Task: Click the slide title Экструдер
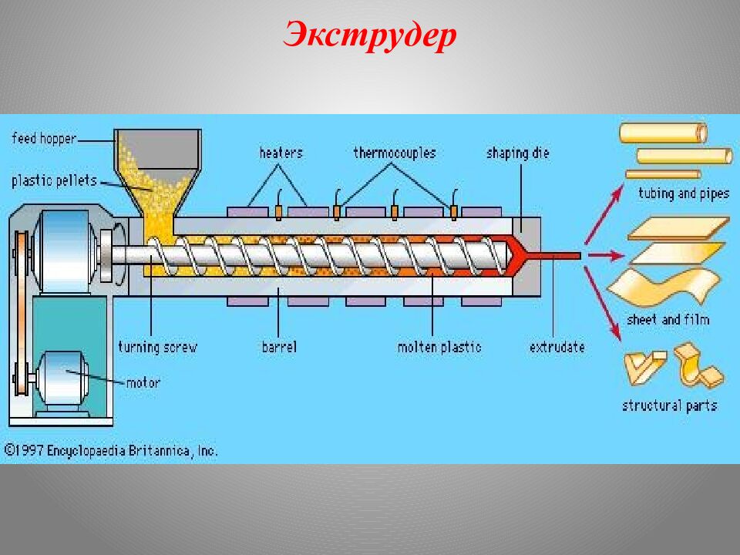370,35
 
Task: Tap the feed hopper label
45,139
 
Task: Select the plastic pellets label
54,181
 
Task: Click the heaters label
281,153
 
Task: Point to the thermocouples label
395,153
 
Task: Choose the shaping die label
517,153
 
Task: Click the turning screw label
157,347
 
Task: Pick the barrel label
278,347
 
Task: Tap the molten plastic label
439,347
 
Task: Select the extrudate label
557,347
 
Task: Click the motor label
143,382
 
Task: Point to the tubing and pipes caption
683,193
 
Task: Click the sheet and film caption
668,319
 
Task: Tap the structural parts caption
669,405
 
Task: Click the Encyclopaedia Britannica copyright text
112,450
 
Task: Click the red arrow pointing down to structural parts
606,304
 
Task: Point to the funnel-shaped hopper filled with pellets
158,173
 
